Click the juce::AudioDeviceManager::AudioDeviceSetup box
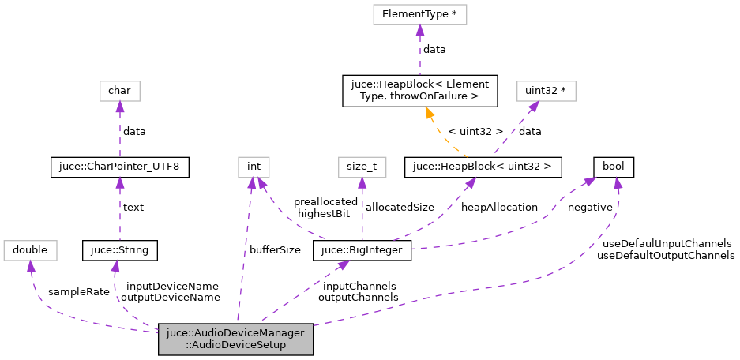click(236, 339)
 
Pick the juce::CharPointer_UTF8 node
click(119, 167)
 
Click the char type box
click(119, 91)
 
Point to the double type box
click(29, 251)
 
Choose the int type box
click(254, 167)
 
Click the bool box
click(614, 167)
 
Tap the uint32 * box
click(546, 91)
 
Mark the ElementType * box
click(419, 14)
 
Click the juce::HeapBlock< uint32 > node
click(483, 167)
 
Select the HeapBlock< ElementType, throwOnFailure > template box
click(419, 91)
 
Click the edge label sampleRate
click(79, 292)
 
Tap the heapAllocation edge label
click(500, 207)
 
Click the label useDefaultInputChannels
click(666, 244)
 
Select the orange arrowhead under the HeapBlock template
click(430, 113)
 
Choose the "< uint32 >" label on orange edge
click(475, 130)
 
